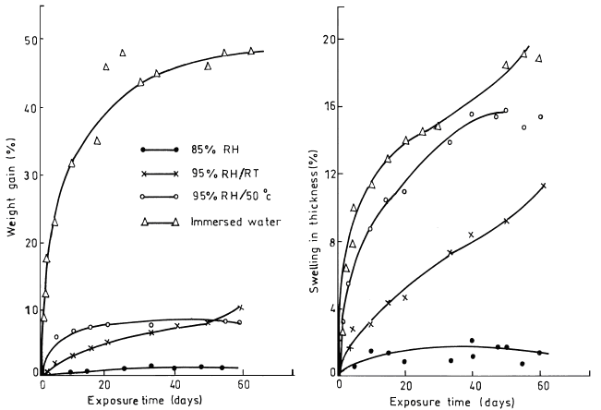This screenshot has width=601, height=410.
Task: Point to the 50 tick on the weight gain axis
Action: click(x=29, y=41)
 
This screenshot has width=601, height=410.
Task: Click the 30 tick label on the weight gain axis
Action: click(x=29, y=174)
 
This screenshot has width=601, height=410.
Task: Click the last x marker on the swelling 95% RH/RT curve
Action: click(x=543, y=186)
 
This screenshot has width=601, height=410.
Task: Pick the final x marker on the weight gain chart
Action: click(x=240, y=307)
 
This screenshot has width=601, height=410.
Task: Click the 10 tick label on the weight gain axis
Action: click(x=29, y=307)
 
